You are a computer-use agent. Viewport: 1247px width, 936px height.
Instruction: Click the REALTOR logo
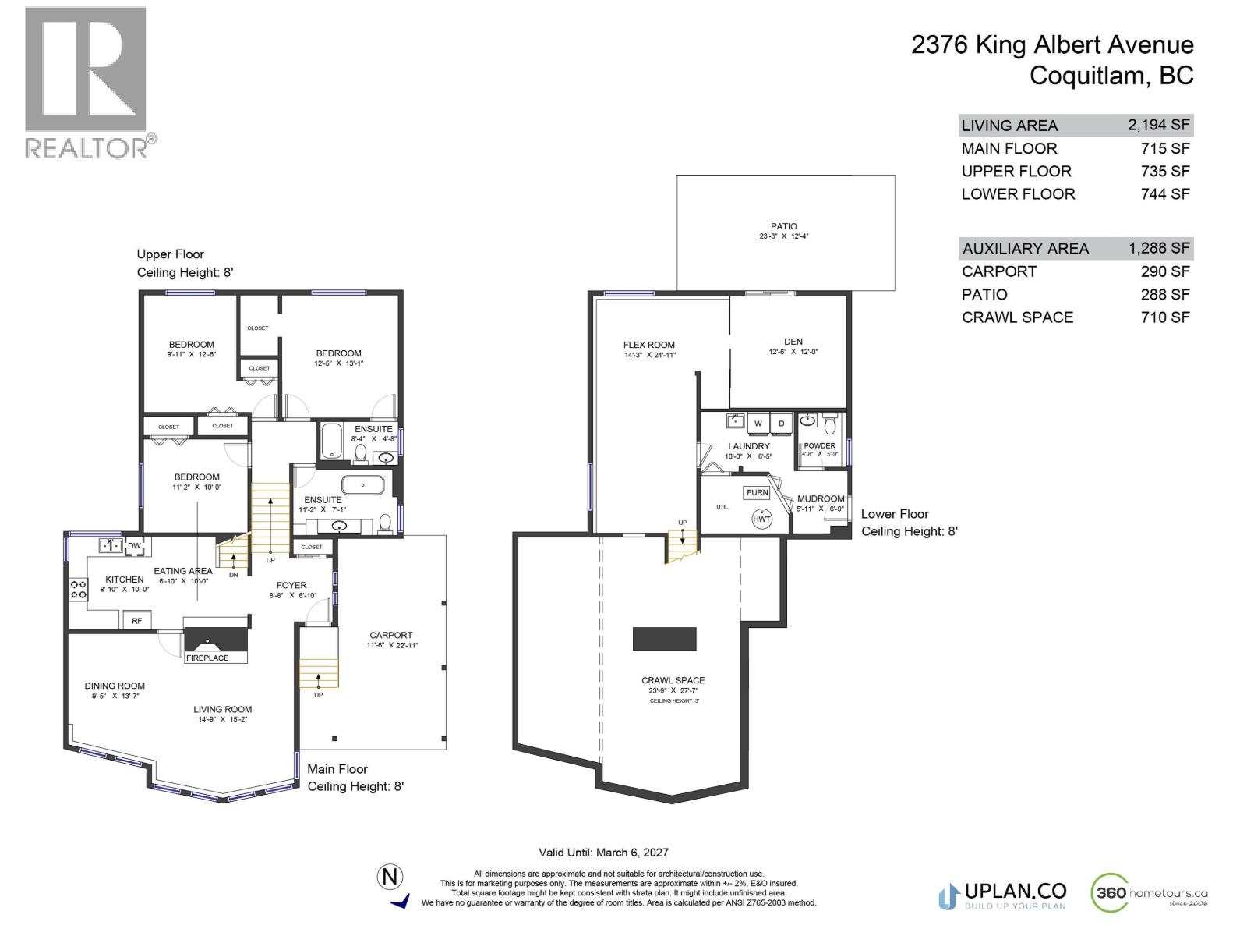point(86,82)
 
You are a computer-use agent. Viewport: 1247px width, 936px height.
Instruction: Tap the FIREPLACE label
point(207,658)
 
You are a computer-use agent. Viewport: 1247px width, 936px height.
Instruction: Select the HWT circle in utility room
point(761,519)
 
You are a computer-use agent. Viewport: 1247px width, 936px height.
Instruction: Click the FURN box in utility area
point(757,493)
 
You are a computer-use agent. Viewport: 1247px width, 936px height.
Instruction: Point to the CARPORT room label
point(391,635)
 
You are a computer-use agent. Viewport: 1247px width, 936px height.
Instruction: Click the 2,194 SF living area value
point(1158,125)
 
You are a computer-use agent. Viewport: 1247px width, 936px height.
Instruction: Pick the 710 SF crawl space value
point(1165,317)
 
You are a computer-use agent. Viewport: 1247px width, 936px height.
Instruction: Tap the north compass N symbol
point(390,877)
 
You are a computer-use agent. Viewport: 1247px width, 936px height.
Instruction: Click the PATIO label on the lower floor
point(784,226)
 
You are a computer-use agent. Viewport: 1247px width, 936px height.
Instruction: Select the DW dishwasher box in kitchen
point(134,546)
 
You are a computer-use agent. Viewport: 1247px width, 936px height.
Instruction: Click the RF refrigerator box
point(136,621)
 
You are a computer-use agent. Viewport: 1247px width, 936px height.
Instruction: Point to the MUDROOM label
point(821,498)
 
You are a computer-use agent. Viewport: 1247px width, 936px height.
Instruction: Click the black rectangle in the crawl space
point(664,639)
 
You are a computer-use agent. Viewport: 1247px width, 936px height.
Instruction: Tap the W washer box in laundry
point(758,424)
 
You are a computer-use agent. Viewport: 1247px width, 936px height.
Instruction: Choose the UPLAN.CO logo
point(1002,894)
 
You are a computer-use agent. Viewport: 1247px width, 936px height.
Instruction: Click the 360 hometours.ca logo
point(1150,894)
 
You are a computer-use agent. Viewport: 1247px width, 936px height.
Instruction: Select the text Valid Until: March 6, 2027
point(603,853)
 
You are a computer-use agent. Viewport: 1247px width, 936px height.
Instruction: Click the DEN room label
point(793,342)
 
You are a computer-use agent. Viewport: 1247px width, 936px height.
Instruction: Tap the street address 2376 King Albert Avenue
point(1052,45)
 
